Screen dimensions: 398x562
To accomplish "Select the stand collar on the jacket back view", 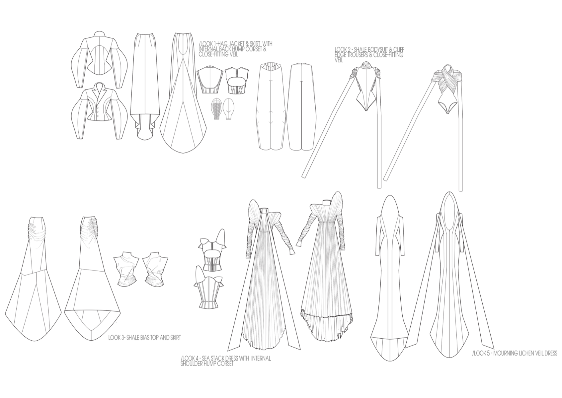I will pos(100,34).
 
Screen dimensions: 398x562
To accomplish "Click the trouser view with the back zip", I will pos(301,106).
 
